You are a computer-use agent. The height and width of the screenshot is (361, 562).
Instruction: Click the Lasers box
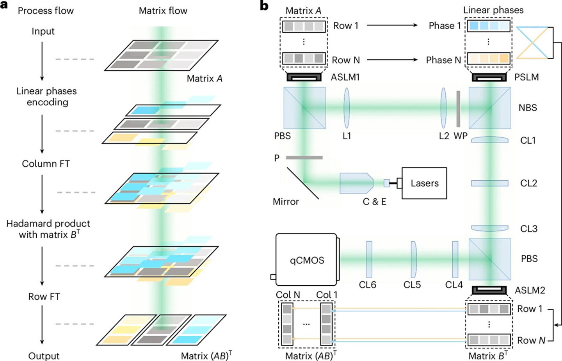click(x=424, y=183)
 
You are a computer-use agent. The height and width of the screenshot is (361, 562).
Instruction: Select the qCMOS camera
click(x=306, y=260)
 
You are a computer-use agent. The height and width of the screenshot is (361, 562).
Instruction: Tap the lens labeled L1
click(x=347, y=108)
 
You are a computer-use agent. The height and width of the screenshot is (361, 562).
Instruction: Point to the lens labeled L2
click(x=443, y=108)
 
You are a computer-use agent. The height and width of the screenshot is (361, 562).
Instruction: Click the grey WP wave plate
click(x=458, y=109)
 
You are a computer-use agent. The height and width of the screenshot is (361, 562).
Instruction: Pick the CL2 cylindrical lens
click(x=489, y=183)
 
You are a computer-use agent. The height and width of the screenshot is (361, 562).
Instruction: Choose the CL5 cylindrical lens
click(x=413, y=259)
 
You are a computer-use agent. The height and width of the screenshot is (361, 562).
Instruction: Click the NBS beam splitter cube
click(x=489, y=108)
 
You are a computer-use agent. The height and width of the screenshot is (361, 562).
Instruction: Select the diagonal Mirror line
click(x=303, y=183)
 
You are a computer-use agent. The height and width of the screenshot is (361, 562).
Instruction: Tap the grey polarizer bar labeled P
click(x=304, y=158)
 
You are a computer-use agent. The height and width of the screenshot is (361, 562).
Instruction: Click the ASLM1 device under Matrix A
click(x=304, y=77)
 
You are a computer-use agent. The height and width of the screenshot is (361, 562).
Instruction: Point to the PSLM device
click(x=489, y=77)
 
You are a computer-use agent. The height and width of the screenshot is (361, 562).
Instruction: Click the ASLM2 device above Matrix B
click(x=489, y=290)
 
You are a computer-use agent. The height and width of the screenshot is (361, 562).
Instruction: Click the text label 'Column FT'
click(x=46, y=164)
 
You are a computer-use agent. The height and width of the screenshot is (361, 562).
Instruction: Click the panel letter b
click(x=264, y=6)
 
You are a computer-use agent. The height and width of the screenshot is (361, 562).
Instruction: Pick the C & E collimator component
click(x=356, y=183)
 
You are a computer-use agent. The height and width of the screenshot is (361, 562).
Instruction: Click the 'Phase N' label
click(x=443, y=60)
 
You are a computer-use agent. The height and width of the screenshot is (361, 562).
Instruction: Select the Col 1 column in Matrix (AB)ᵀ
click(x=326, y=324)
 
